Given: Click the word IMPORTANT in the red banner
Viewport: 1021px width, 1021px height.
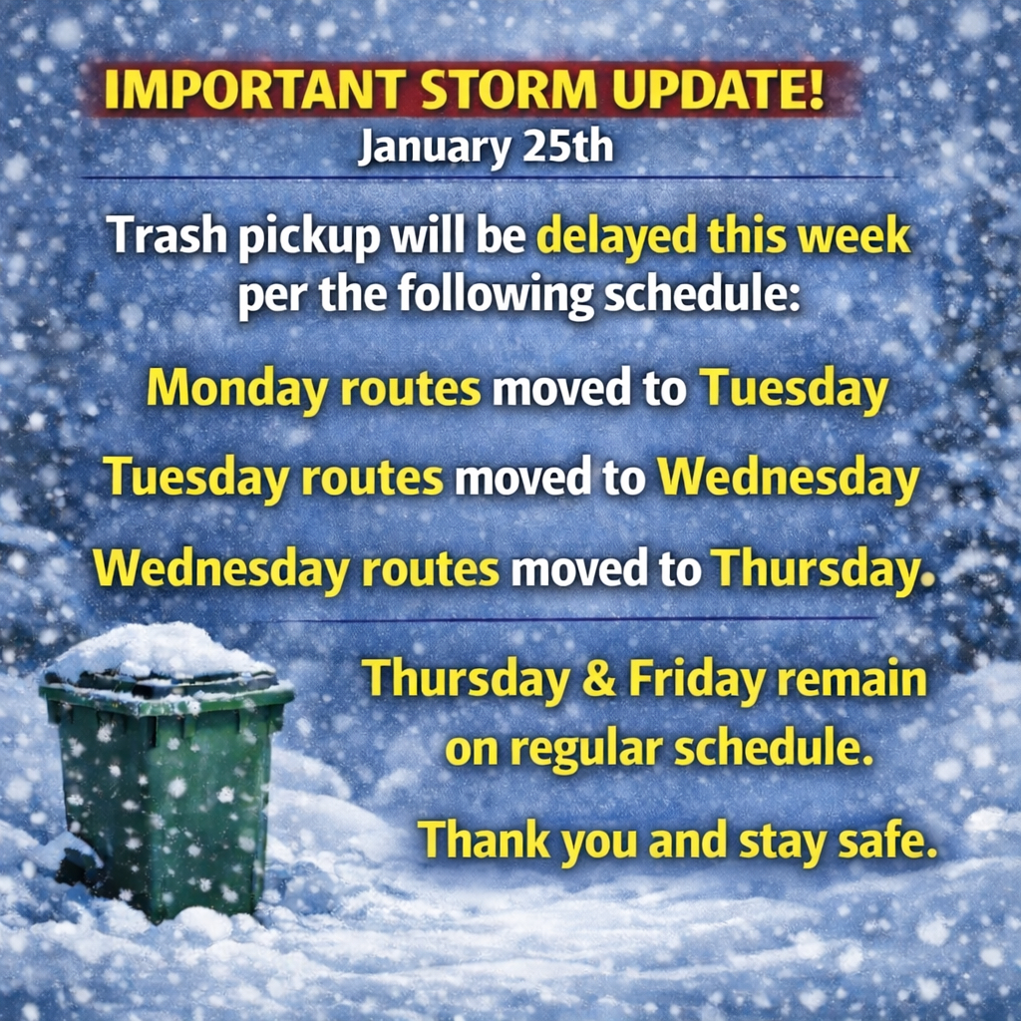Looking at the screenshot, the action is click(254, 89).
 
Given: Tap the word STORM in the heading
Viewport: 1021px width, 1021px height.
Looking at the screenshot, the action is click(509, 89).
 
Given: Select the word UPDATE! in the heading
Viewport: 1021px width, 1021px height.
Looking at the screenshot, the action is click(718, 89).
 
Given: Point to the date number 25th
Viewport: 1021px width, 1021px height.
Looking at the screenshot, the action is click(567, 148).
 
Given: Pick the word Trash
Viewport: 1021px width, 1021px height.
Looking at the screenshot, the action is click(167, 235).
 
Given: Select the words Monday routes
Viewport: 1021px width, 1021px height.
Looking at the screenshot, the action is click(313, 390).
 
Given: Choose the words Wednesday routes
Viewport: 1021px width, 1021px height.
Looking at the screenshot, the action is click(295, 569).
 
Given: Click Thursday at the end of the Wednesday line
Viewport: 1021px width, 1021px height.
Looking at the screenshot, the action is click(822, 569).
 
